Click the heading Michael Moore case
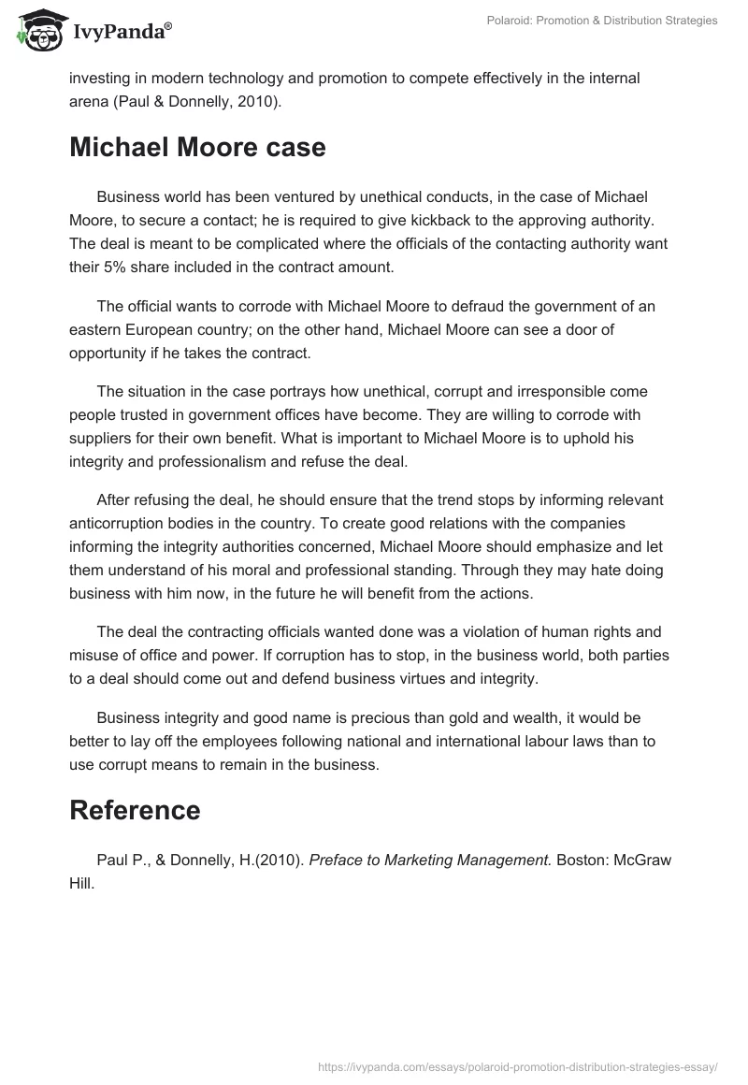point(197,148)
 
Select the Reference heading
point(135,810)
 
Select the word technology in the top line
point(289,78)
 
